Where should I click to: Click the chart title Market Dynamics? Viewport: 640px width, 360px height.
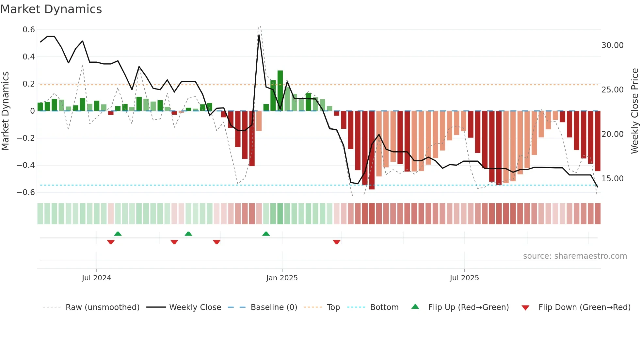51,9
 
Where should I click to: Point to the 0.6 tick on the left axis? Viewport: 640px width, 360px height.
29,30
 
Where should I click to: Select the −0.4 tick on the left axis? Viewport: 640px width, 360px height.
26,165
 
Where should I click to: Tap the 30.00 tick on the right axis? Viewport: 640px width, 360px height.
612,45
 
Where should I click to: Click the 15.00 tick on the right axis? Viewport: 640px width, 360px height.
612,179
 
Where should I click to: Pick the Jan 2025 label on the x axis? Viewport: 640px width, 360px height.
282,278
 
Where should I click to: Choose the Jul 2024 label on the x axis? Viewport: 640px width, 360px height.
96,278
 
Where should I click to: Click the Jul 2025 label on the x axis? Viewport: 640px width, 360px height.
464,278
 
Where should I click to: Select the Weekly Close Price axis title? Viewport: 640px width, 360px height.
634,111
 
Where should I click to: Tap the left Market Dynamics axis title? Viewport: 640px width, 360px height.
5,111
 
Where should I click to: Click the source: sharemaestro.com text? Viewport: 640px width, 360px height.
575,256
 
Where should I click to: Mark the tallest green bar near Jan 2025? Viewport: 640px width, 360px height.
280,91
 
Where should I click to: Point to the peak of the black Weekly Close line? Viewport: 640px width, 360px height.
259,35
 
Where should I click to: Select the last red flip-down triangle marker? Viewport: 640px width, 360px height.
337,242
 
